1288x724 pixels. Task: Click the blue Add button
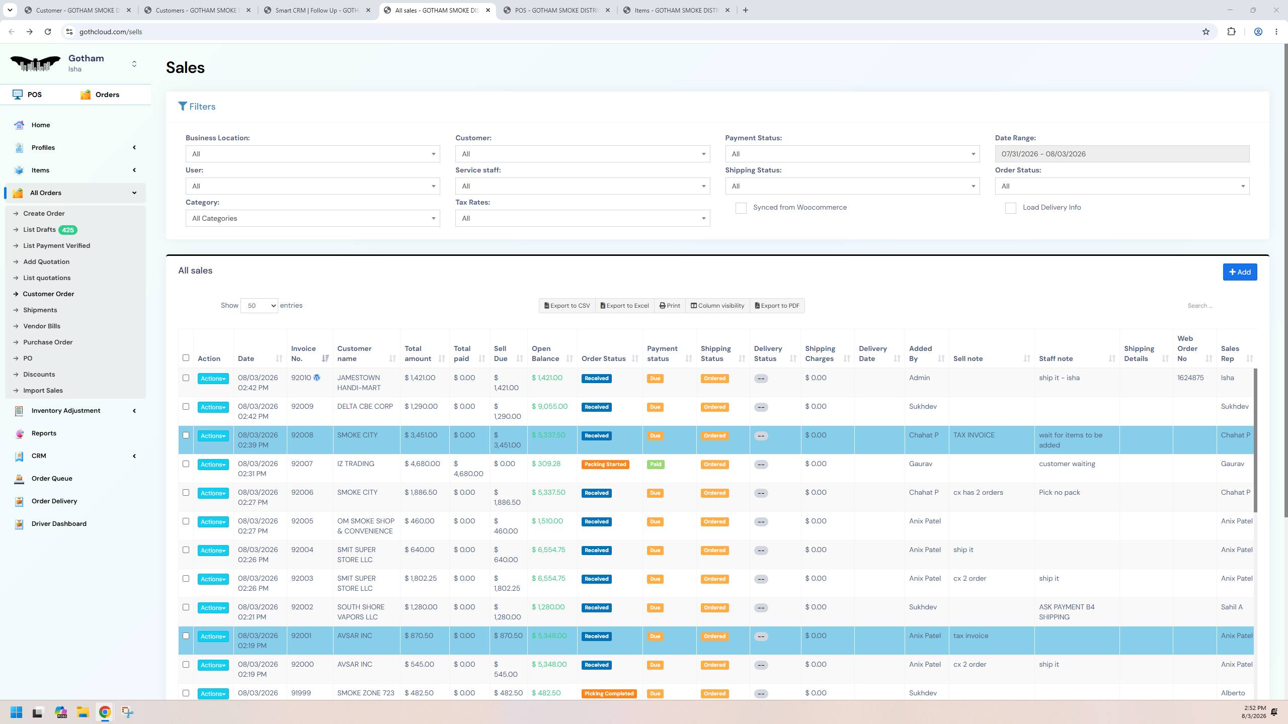pyautogui.click(x=1240, y=272)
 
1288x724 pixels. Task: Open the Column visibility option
pyautogui.click(x=717, y=306)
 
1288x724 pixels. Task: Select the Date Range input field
pyautogui.click(x=1122, y=154)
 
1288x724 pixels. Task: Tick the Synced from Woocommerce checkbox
pyautogui.click(x=741, y=208)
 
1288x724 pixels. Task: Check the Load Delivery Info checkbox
pyautogui.click(x=1010, y=208)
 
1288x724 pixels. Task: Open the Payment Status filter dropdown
pyautogui.click(x=852, y=154)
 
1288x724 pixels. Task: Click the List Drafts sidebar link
pyautogui.click(x=39, y=230)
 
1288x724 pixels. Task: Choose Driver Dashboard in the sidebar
pyautogui.click(x=59, y=523)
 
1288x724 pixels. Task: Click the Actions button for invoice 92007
pyautogui.click(x=213, y=465)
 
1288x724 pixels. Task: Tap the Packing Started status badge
pyautogui.click(x=605, y=465)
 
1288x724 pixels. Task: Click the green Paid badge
pyautogui.click(x=656, y=465)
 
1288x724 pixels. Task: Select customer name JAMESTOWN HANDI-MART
pyautogui.click(x=359, y=383)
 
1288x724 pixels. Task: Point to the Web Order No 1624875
pyautogui.click(x=1190, y=378)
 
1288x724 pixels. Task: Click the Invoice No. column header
pyautogui.click(x=303, y=353)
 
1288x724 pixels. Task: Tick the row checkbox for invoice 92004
pyautogui.click(x=186, y=550)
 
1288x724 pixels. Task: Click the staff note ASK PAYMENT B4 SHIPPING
pyautogui.click(x=1067, y=612)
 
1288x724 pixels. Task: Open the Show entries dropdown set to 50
pyautogui.click(x=259, y=306)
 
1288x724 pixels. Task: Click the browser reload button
pyautogui.click(x=48, y=32)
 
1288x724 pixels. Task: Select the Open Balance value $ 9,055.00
pyautogui.click(x=549, y=406)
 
